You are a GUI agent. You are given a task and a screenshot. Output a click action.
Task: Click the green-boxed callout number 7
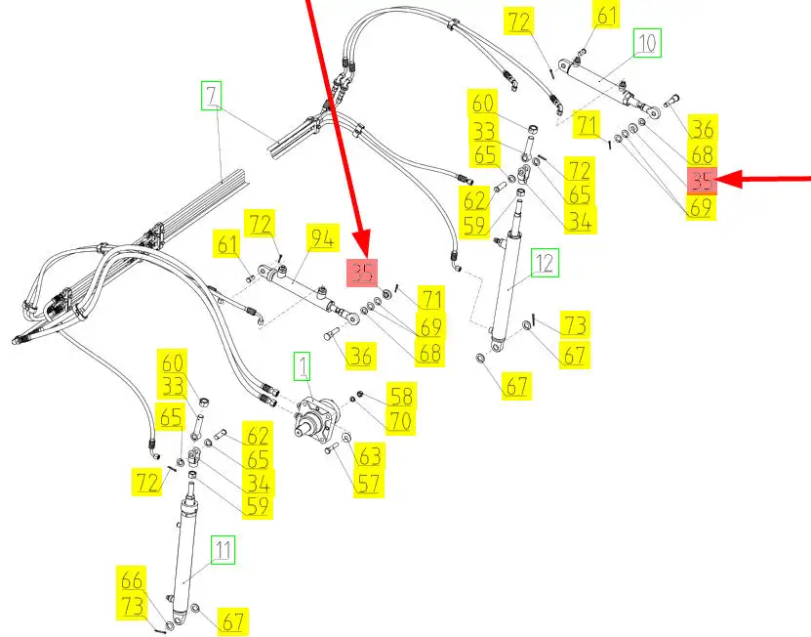click(213, 96)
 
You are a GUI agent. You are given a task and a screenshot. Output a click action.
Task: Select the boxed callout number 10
click(647, 43)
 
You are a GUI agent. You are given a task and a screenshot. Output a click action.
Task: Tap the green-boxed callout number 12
click(544, 262)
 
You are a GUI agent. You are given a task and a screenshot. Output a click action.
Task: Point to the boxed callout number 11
click(223, 550)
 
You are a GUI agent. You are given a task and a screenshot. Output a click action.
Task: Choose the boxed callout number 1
click(304, 367)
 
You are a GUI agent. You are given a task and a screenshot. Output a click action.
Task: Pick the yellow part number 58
click(401, 396)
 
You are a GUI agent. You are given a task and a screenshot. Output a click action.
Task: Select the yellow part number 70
click(401, 421)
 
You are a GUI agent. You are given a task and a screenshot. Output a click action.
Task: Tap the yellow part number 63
click(370, 456)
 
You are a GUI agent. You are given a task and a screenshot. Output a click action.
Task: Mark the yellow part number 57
click(370, 482)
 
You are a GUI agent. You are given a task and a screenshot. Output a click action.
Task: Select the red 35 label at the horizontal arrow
click(702, 181)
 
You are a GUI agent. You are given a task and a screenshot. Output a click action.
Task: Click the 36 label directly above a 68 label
click(702, 128)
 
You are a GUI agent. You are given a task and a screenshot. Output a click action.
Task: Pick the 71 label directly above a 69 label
click(430, 299)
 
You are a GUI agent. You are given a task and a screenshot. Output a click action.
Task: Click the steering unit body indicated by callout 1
click(321, 419)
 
